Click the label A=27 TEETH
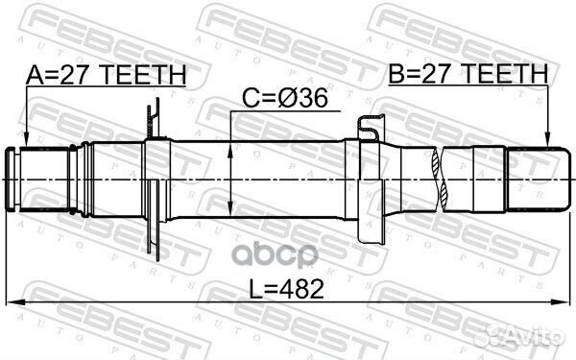(x=106, y=75)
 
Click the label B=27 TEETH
(x=468, y=73)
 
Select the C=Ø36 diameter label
(x=285, y=99)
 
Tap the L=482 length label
(x=286, y=289)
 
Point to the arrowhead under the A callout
(x=26, y=141)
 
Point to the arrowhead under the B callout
(x=547, y=140)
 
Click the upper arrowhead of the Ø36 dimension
(x=230, y=151)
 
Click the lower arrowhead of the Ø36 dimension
(x=230, y=208)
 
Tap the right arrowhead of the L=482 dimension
(x=562, y=301)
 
